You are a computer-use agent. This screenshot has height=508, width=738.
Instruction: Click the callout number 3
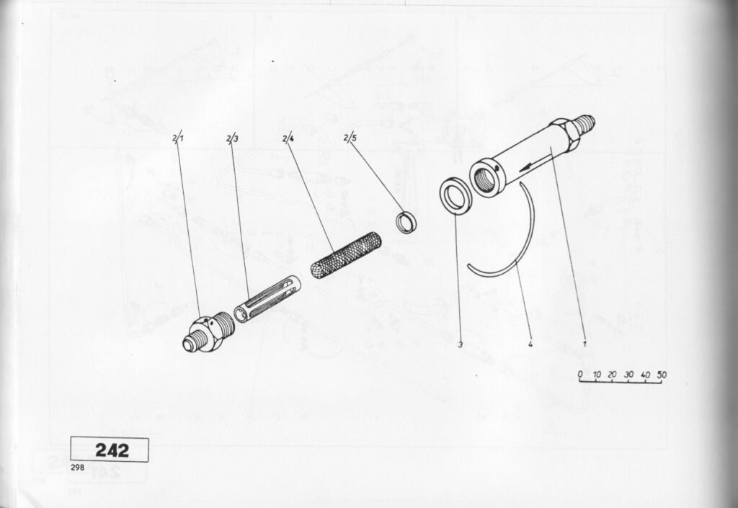[461, 344]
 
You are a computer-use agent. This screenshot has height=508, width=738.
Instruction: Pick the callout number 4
[530, 344]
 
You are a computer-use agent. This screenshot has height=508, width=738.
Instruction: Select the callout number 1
[584, 344]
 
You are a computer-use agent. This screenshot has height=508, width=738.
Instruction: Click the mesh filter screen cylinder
[346, 254]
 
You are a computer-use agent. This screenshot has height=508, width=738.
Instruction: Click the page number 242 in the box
[112, 450]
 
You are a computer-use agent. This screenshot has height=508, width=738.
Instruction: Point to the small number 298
[77, 468]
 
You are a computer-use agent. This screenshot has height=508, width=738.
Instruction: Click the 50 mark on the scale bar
[662, 375]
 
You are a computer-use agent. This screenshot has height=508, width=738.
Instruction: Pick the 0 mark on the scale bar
[580, 375]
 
